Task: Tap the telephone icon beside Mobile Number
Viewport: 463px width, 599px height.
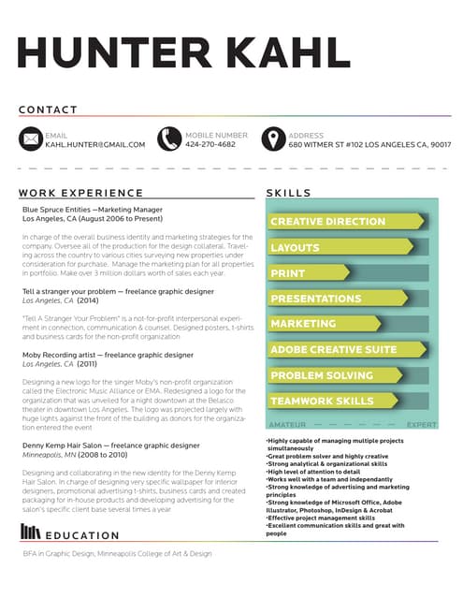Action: click(x=169, y=140)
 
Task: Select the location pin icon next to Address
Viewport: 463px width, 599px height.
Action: click(x=273, y=140)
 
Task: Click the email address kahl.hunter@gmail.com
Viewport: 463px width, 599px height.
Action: click(x=95, y=145)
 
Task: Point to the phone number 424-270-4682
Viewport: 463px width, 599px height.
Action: click(x=210, y=145)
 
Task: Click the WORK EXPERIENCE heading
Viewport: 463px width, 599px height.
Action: click(x=80, y=194)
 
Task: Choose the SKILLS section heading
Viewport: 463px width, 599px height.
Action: click(x=289, y=194)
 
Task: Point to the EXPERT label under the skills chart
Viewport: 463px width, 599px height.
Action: click(x=421, y=424)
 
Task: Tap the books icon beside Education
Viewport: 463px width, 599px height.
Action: click(x=30, y=533)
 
